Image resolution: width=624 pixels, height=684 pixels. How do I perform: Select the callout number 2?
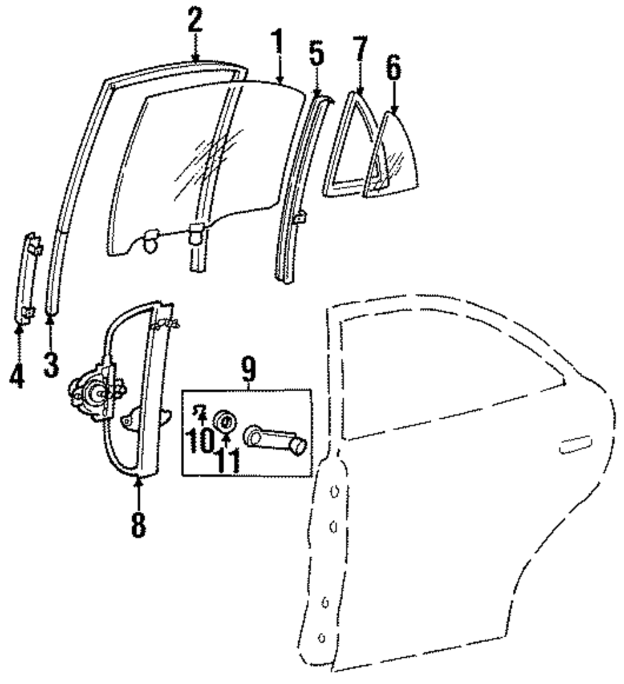point(195,24)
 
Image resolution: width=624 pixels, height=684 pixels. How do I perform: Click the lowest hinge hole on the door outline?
point(322,637)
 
